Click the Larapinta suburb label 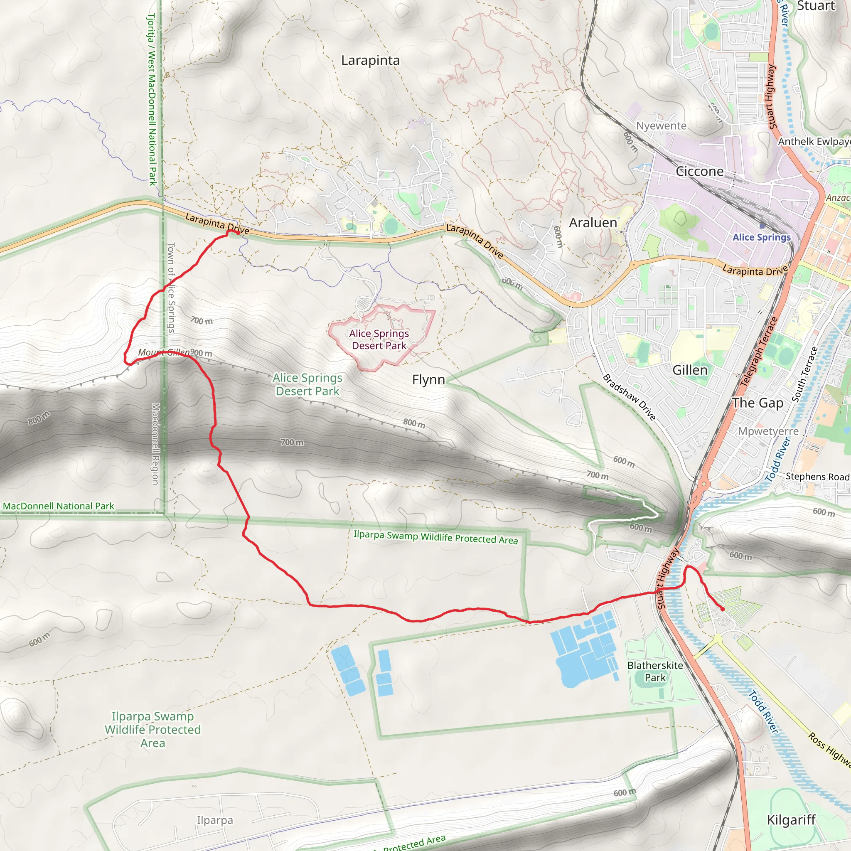pyautogui.click(x=370, y=61)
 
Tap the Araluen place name pyautogui.click(x=593, y=223)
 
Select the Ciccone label pyautogui.click(x=699, y=171)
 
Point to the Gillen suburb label pyautogui.click(x=690, y=370)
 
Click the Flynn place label pyautogui.click(x=428, y=380)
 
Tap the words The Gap pyautogui.click(x=758, y=403)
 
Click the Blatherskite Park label pyautogui.click(x=655, y=671)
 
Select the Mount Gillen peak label pyautogui.click(x=163, y=352)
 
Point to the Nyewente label pyautogui.click(x=661, y=126)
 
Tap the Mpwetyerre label pyautogui.click(x=768, y=431)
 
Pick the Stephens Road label pyautogui.click(x=817, y=477)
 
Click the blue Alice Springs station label pyautogui.click(x=762, y=237)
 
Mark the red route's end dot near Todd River pyautogui.click(x=722, y=609)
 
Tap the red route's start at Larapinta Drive pyautogui.click(x=238, y=233)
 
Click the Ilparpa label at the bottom pyautogui.click(x=214, y=820)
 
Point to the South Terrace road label pyautogui.click(x=804, y=374)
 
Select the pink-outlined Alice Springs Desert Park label pyautogui.click(x=379, y=339)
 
